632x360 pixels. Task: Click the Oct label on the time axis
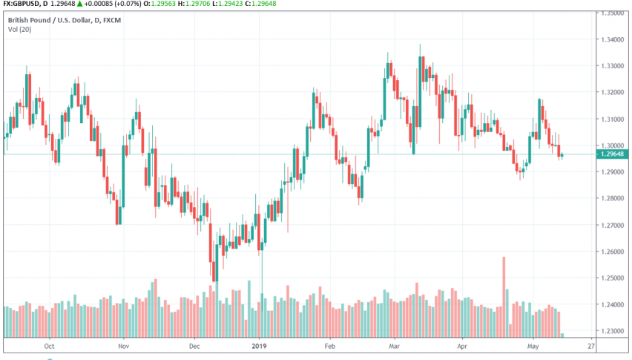(50, 346)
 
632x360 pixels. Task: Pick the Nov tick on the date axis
(124, 346)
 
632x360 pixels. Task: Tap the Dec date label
(194, 346)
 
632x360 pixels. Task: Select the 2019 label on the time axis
(260, 346)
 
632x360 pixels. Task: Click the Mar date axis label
(395, 346)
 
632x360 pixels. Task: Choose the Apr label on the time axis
(462, 346)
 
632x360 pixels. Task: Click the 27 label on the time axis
(590, 346)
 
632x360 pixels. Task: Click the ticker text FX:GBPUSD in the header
(24, 4)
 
